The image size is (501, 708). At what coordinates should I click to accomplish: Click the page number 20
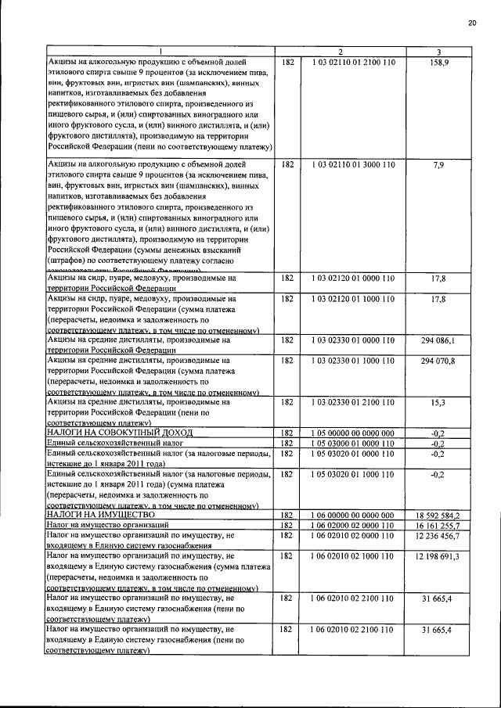click(472, 23)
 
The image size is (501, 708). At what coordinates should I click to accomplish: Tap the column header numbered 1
click(160, 52)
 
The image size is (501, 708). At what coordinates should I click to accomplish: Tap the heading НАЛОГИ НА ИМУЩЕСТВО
click(99, 515)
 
